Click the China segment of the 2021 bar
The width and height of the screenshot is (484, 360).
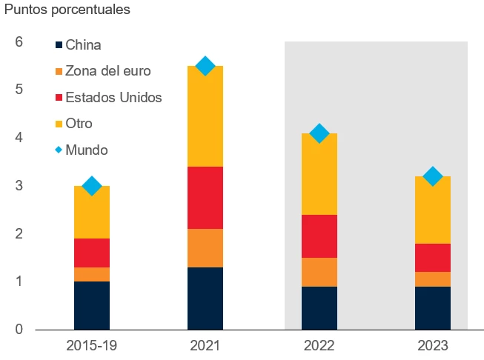click(205, 298)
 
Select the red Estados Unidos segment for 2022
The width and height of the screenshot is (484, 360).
click(319, 236)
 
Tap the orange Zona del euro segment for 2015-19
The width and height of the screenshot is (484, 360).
click(92, 274)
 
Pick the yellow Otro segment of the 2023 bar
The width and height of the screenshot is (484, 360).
click(432, 210)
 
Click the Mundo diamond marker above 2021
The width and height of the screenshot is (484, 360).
click(205, 66)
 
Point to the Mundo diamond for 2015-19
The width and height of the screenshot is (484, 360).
click(92, 186)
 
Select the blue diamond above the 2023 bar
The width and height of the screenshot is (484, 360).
click(432, 176)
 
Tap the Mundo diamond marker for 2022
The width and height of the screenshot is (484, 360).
click(319, 133)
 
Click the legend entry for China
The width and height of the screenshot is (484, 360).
click(82, 45)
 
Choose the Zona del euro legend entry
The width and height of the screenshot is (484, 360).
click(107, 71)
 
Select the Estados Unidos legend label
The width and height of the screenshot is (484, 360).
click(113, 97)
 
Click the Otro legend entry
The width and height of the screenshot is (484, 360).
click(79, 123)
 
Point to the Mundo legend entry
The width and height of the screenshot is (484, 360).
click(86, 150)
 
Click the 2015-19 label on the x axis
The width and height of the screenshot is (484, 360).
click(92, 345)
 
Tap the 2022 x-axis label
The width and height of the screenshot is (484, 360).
click(319, 345)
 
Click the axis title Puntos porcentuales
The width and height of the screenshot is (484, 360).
click(67, 10)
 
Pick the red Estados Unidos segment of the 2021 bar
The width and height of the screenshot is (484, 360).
click(205, 197)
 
